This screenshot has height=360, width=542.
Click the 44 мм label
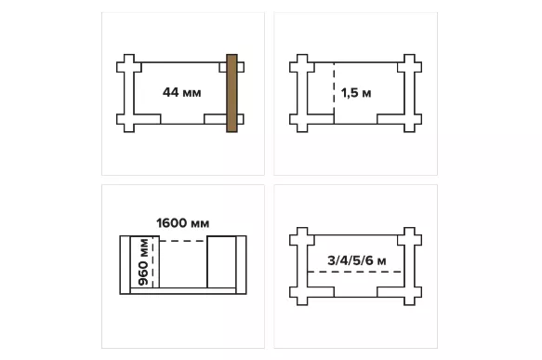(182, 93)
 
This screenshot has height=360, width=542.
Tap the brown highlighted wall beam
(231, 93)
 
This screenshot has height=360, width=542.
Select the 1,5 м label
(356, 93)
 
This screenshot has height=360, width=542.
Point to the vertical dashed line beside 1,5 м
(334, 93)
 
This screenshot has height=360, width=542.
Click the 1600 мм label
(183, 223)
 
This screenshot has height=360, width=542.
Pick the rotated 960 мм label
(143, 262)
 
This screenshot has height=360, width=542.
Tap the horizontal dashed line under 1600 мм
(183, 241)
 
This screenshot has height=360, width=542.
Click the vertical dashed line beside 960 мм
(152, 262)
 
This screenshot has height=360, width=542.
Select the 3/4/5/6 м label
(357, 260)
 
